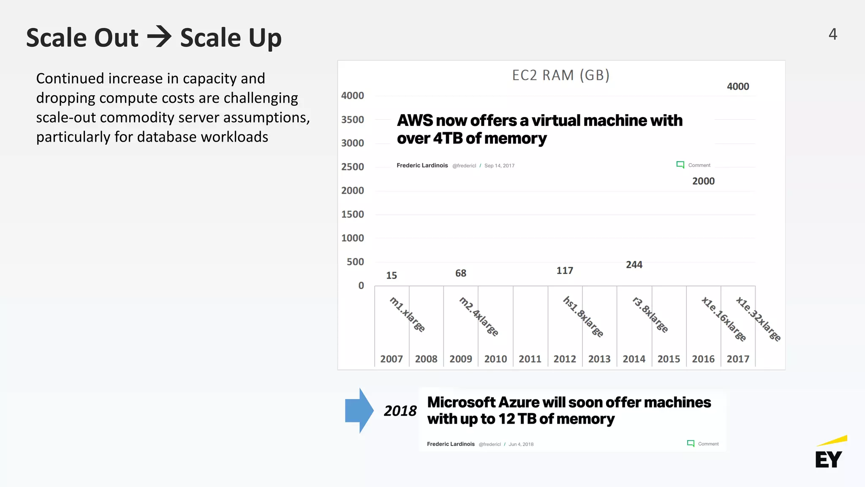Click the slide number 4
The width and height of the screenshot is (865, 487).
[x=832, y=34]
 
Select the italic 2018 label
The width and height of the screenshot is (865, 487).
[x=400, y=411]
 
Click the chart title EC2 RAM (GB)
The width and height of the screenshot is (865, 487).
[x=560, y=75]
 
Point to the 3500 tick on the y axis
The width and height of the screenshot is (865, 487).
[x=353, y=120]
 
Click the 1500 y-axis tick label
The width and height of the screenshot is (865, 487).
[x=353, y=214]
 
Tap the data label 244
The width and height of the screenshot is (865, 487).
[x=634, y=265]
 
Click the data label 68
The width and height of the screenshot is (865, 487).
[x=460, y=274]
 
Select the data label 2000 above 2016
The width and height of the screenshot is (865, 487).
[x=703, y=181]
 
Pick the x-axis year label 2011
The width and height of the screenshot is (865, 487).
[x=530, y=359]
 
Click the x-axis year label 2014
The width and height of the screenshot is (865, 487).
[x=634, y=359]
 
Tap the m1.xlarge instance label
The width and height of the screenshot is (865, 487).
[x=407, y=315]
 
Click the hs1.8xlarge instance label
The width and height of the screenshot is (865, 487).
[x=583, y=317]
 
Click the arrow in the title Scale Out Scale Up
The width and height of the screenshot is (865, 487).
[x=159, y=37]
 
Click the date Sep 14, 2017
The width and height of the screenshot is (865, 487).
[x=499, y=166]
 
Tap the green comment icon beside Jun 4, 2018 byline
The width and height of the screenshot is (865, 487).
[x=691, y=443]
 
